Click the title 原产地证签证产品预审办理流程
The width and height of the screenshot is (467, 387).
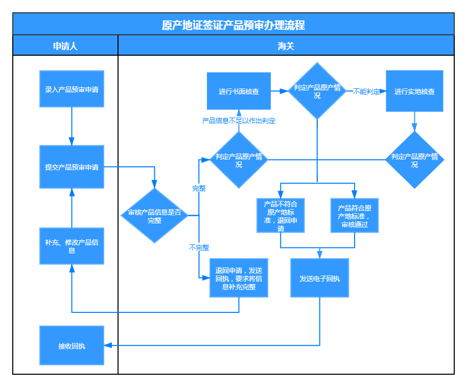click(x=233, y=25)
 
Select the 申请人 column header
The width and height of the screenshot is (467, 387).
click(x=65, y=45)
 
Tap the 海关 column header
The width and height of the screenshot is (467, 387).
click(x=286, y=45)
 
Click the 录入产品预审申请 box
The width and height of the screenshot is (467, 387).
click(x=72, y=89)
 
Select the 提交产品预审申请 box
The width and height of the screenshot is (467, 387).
click(x=72, y=167)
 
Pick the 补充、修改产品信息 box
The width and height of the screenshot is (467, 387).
click(x=72, y=246)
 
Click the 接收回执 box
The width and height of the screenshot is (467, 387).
click(x=72, y=346)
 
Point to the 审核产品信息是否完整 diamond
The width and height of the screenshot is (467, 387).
click(x=154, y=216)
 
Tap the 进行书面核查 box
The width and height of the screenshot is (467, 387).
click(x=239, y=91)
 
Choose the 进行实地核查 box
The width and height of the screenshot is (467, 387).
click(x=414, y=91)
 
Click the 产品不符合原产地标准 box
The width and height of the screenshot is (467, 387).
click(x=281, y=215)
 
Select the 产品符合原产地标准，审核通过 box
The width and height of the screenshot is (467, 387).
click(x=354, y=215)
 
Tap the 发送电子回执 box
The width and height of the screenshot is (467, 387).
click(x=319, y=278)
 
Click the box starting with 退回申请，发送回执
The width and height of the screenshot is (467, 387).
click(x=239, y=278)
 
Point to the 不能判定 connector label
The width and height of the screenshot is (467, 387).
click(x=366, y=92)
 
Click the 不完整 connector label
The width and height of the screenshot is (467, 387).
click(x=199, y=247)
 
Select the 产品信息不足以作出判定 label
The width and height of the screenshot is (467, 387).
click(x=239, y=121)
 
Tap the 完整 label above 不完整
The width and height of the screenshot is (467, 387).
click(x=199, y=188)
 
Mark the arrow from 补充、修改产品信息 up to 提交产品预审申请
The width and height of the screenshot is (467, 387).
click(x=72, y=208)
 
